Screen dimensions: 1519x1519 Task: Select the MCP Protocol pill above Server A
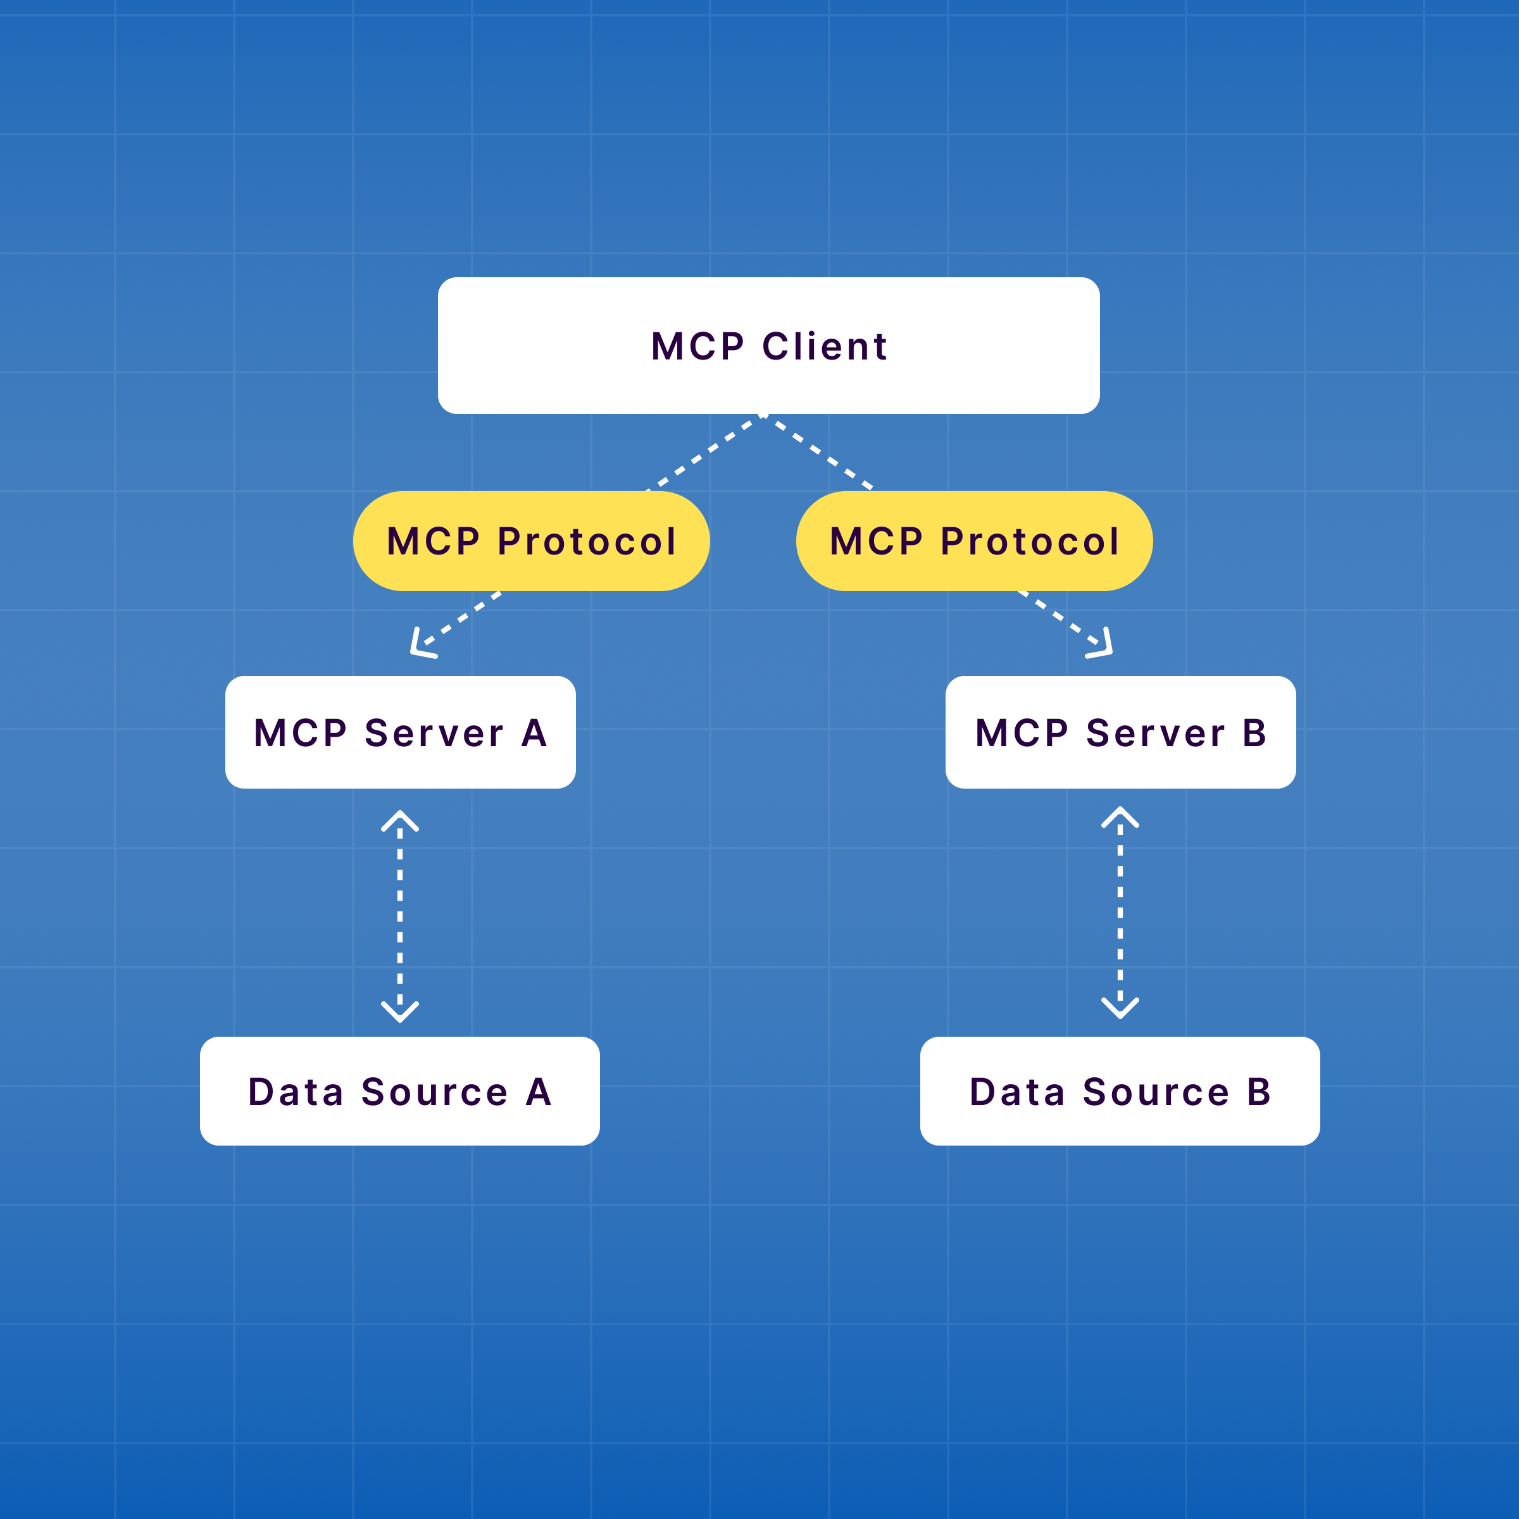(x=531, y=541)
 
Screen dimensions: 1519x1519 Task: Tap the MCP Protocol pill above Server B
(x=974, y=541)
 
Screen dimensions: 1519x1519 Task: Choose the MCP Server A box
(x=400, y=732)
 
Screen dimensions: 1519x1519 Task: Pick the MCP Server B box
(x=1120, y=732)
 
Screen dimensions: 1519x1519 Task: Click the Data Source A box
(x=399, y=1091)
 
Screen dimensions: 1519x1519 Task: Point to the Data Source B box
(x=1120, y=1091)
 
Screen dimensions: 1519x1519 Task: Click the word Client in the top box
(x=825, y=347)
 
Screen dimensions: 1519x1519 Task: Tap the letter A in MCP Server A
(x=534, y=734)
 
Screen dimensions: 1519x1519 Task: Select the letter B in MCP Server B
(x=1254, y=734)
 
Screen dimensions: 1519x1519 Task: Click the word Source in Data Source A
(x=434, y=1093)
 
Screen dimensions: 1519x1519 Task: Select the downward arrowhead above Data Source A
(x=400, y=1013)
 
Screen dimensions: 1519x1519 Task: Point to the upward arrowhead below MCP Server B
(x=1120, y=815)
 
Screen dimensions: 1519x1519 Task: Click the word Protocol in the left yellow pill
(x=587, y=542)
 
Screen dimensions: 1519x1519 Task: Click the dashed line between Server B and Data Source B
(x=1120, y=912)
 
